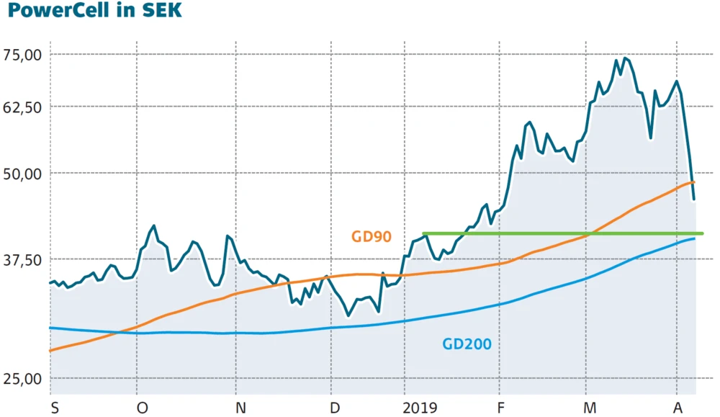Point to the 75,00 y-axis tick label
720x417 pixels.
[24, 55]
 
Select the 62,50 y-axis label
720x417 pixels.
[24, 107]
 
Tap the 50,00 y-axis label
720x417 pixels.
[24, 174]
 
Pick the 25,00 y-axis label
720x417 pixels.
[24, 379]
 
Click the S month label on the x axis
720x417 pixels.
[55, 408]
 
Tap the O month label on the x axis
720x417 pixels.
[143, 408]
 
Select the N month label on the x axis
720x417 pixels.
[240, 408]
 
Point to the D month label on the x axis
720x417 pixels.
[336, 408]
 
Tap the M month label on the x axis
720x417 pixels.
[590, 408]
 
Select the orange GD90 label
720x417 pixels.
[371, 236]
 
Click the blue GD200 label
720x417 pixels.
[467, 344]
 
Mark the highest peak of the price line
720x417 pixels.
[624, 58]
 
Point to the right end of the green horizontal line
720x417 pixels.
[702, 233]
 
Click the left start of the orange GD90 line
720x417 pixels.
[50, 351]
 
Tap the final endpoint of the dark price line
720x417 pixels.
[694, 199]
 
